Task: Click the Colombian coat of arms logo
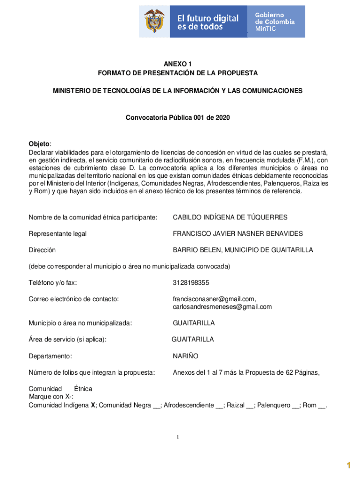[155, 22]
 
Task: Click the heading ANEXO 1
[178, 64]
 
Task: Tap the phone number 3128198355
[191, 283]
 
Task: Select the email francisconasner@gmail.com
[214, 298]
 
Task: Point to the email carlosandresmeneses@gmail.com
[222, 307]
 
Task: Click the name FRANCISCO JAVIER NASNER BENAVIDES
[238, 233]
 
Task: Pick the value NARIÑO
[186, 356]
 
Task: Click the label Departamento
[50, 356]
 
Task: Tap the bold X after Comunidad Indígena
[93, 405]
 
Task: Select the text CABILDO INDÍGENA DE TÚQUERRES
[230, 217]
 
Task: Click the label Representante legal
[58, 233]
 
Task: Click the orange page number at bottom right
[348, 464]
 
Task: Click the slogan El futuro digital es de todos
[208, 22]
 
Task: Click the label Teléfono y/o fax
[53, 283]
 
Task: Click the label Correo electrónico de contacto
[73, 298]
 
